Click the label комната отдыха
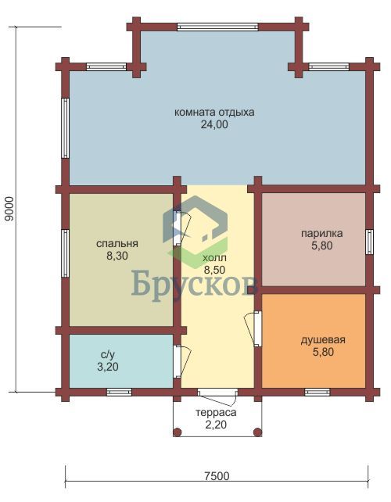click(214, 113)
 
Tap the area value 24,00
click(214, 124)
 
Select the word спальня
click(117, 244)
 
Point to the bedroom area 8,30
click(117, 256)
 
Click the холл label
click(214, 258)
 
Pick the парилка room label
click(321, 233)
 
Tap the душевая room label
click(323, 339)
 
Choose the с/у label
click(108, 354)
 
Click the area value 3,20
click(108, 367)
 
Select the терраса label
click(216, 412)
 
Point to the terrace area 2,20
click(216, 425)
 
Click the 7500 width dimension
click(217, 476)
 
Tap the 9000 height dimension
click(9, 209)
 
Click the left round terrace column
click(177, 432)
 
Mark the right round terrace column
click(258, 432)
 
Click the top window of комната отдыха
click(217, 27)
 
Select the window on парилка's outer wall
click(370, 242)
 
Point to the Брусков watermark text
click(195, 284)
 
